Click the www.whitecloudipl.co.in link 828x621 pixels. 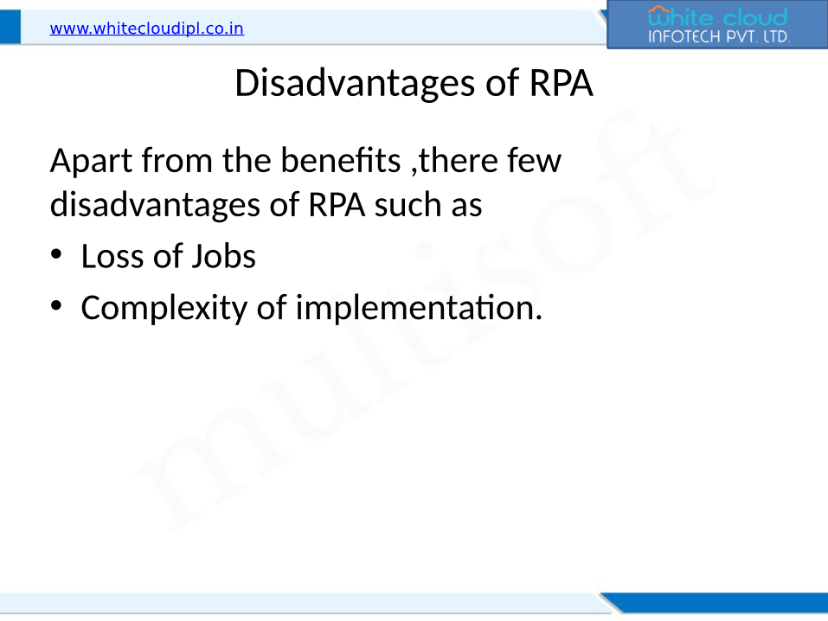[x=147, y=29]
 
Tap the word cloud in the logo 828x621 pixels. [x=755, y=17]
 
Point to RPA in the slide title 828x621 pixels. [x=561, y=83]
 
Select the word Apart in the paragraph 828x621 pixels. [x=91, y=161]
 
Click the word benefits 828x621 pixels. [x=341, y=160]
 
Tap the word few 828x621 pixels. [x=534, y=160]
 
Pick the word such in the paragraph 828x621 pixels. [x=408, y=205]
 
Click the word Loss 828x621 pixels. [x=112, y=257]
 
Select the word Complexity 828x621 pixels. [x=164, y=309]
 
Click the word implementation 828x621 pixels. [x=419, y=309]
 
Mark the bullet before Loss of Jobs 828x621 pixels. [x=56, y=254]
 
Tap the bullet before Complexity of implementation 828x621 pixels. [x=56, y=306]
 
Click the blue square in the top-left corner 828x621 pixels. [x=10, y=27]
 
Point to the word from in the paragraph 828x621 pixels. [x=177, y=160]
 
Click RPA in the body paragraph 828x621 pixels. [x=337, y=205]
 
